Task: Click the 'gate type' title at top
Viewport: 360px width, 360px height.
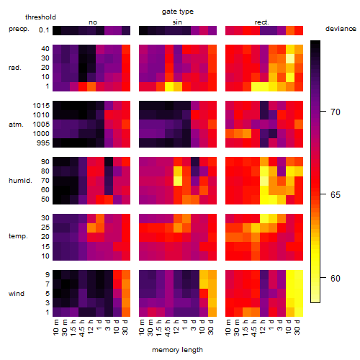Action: click(x=178, y=12)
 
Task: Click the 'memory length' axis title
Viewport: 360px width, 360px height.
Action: click(x=177, y=350)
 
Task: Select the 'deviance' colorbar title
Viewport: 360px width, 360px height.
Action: click(x=341, y=29)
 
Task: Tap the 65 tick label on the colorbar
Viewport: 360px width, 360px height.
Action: click(x=336, y=194)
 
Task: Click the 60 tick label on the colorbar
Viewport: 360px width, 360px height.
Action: click(x=336, y=278)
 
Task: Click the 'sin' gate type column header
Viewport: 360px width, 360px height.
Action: click(x=177, y=22)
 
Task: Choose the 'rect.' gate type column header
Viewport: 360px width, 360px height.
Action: click(x=262, y=22)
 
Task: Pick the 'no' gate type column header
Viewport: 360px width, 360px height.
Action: click(x=93, y=22)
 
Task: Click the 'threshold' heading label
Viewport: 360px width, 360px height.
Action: click(x=40, y=17)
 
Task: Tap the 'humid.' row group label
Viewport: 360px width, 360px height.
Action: click(x=20, y=180)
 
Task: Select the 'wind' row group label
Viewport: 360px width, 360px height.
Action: click(x=17, y=293)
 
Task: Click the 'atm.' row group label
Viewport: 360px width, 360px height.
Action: click(x=16, y=125)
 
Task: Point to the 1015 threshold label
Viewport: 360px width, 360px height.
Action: click(x=41, y=106)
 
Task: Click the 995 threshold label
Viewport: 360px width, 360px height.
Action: click(x=43, y=143)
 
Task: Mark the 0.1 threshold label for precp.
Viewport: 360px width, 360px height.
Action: click(x=44, y=30)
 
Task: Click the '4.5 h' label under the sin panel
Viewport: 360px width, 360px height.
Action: click(x=168, y=328)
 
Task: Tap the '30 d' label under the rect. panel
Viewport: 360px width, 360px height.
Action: click(x=297, y=327)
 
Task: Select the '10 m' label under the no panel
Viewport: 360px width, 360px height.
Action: click(x=56, y=328)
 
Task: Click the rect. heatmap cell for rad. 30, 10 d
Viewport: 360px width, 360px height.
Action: click(x=290, y=58)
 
